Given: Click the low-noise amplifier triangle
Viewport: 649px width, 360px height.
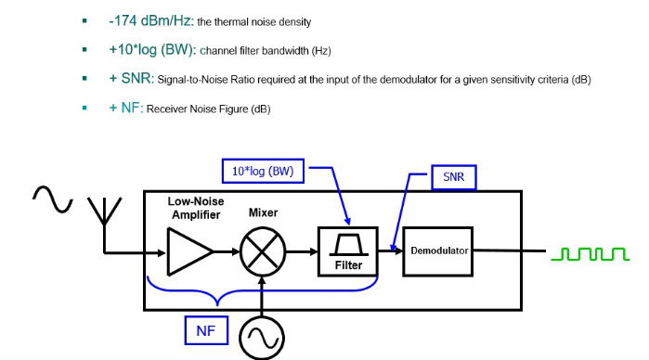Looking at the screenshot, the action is [x=190, y=251].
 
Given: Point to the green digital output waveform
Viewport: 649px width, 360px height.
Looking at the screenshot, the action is [x=591, y=254].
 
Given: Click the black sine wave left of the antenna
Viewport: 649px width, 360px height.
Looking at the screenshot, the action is [x=53, y=199].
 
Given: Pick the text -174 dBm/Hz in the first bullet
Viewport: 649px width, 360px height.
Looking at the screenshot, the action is [x=149, y=20].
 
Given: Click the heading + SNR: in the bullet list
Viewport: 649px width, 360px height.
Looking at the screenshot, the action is [x=131, y=78].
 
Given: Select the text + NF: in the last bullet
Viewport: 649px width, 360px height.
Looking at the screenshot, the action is [x=126, y=108].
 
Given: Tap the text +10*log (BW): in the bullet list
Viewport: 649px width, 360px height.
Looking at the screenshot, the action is [x=152, y=50].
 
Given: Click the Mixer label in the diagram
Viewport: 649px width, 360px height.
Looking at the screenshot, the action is [x=264, y=212].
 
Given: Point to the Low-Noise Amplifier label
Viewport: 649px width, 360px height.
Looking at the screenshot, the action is [x=196, y=208].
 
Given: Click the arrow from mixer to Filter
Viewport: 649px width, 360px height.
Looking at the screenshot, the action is [x=302, y=251].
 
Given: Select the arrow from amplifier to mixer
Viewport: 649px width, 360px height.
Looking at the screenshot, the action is [x=227, y=251].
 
